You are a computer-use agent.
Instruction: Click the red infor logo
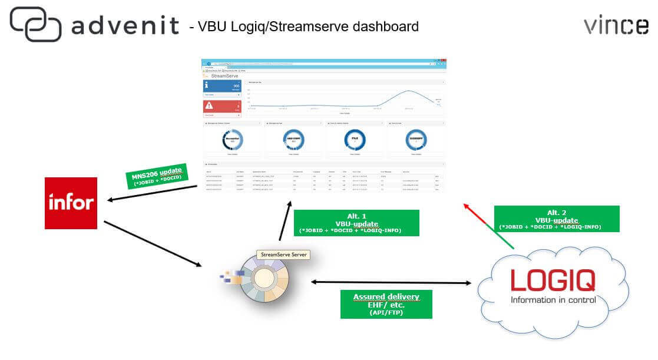[x=71, y=203]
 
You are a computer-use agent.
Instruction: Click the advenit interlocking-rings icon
[x=35, y=24]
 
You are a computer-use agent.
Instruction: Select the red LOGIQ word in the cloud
[x=553, y=281]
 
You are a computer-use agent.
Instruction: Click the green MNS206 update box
[x=156, y=175]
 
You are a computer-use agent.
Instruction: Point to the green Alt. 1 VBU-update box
[x=356, y=223]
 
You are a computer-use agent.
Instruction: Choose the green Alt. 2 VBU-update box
[x=556, y=219]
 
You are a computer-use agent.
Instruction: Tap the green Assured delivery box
[x=386, y=304]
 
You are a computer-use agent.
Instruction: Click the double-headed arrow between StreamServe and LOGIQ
[x=391, y=283]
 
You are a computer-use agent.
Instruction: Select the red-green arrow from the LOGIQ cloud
[x=490, y=226]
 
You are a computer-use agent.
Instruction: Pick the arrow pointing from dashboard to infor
[x=153, y=194]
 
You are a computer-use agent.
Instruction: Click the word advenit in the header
[x=124, y=25]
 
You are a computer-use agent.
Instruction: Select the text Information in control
[x=553, y=300]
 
